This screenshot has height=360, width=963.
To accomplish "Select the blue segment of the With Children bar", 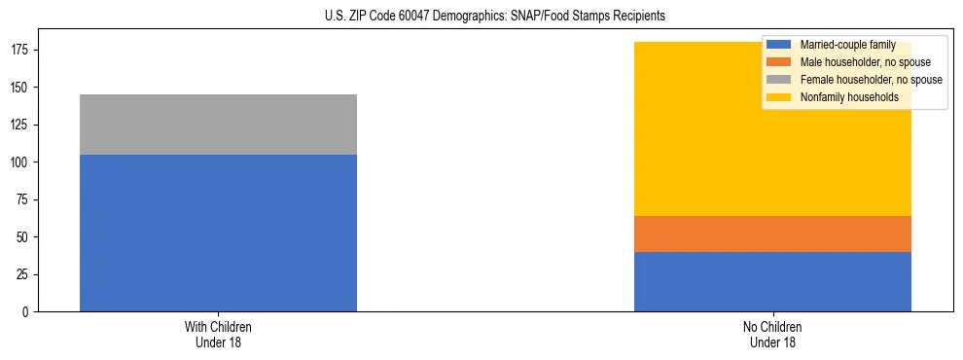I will click(218, 233).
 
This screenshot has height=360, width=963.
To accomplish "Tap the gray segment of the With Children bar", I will click(218, 125).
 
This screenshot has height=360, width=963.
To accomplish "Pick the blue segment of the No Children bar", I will click(772, 281).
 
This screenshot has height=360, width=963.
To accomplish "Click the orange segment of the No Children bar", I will click(772, 234).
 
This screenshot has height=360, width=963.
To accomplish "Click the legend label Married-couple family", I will click(848, 45).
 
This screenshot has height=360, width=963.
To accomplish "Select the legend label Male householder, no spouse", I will click(865, 62).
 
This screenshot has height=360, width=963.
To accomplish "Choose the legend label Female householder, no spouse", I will click(871, 80).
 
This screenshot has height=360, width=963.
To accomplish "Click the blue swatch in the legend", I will click(779, 45).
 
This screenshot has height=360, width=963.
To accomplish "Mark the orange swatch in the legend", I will click(779, 62).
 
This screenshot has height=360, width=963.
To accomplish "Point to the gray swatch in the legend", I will click(779, 80).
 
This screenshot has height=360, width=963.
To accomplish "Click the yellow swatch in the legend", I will click(779, 97).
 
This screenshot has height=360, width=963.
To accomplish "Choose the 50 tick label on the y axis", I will click(24, 237).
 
